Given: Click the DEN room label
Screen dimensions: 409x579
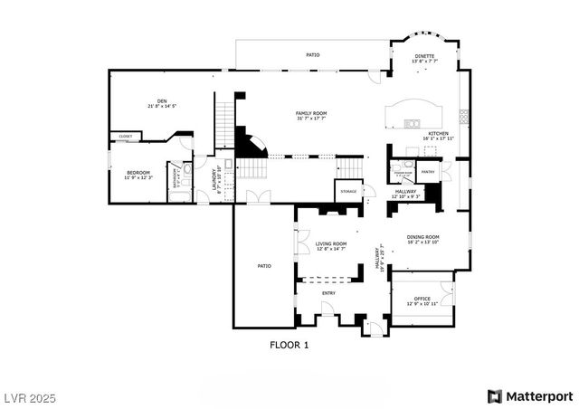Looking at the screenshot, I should click(162, 100).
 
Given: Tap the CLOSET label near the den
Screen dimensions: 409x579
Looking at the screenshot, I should click(125, 137).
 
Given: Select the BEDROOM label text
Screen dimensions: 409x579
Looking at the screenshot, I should click(138, 172).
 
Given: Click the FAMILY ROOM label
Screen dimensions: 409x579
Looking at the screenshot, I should click(310, 113).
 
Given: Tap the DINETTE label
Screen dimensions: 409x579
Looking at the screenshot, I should click(424, 56).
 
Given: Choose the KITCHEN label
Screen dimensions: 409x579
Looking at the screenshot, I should click(439, 134).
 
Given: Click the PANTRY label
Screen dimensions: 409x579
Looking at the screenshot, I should click(429, 170).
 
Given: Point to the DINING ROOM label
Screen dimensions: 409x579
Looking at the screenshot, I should click(422, 236).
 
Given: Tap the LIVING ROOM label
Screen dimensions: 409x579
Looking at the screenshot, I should click(331, 243).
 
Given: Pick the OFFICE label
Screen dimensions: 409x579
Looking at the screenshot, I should click(422, 299).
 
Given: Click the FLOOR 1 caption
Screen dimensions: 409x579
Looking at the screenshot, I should click(289, 345).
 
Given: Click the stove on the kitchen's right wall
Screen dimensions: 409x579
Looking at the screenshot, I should click(463, 116).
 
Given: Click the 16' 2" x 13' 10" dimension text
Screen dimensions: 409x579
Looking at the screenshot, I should click(422, 242).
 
